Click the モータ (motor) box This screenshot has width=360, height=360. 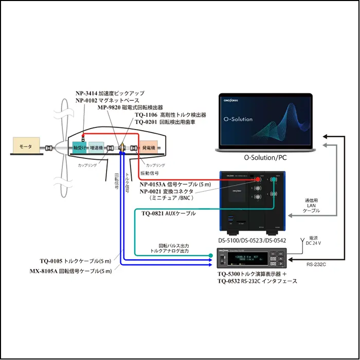click(x=26, y=147)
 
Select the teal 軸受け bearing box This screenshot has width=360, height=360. click(x=79, y=147)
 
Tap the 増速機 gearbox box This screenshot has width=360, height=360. click(x=96, y=147)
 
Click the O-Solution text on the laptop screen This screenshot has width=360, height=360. click(x=238, y=119)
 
